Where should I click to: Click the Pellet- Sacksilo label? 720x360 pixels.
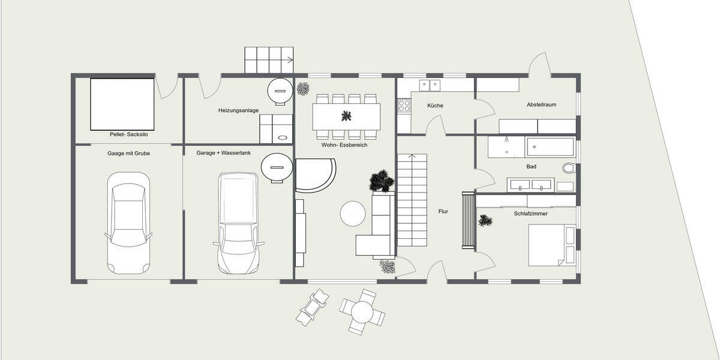click(x=128, y=135)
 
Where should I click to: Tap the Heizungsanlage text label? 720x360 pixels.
click(x=238, y=110)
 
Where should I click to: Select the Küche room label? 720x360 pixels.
click(x=435, y=106)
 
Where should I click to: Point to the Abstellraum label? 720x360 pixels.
click(x=541, y=104)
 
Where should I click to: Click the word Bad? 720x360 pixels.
click(x=531, y=166)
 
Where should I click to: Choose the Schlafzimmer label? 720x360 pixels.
click(x=530, y=213)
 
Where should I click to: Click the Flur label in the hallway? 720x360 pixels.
click(x=443, y=211)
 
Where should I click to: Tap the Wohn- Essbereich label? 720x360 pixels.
click(x=344, y=145)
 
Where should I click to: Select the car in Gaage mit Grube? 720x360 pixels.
click(x=128, y=222)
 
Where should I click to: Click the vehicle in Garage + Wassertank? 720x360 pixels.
click(x=238, y=222)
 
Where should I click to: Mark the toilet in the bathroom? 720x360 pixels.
click(x=568, y=168)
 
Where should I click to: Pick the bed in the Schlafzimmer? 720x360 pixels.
click(x=551, y=245)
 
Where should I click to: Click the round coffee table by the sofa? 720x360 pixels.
click(x=352, y=213)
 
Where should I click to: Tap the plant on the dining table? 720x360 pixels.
click(x=346, y=116)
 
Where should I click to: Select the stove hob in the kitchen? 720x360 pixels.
click(x=404, y=106)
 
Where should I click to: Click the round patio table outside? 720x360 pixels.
click(x=362, y=311)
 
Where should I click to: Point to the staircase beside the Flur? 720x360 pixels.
click(x=412, y=200)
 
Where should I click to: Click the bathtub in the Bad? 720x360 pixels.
click(x=550, y=146)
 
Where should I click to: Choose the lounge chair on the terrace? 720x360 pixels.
click(x=314, y=307)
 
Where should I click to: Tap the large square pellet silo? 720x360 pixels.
click(x=122, y=104)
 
